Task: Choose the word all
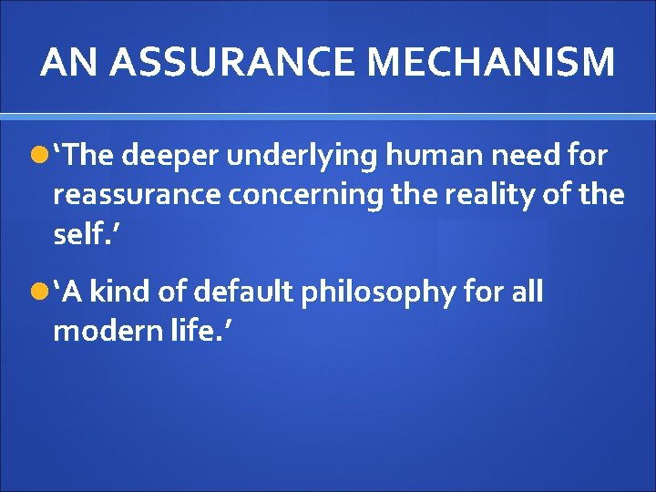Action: tap(527, 292)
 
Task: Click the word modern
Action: tap(100, 331)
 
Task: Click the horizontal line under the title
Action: tap(328, 117)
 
